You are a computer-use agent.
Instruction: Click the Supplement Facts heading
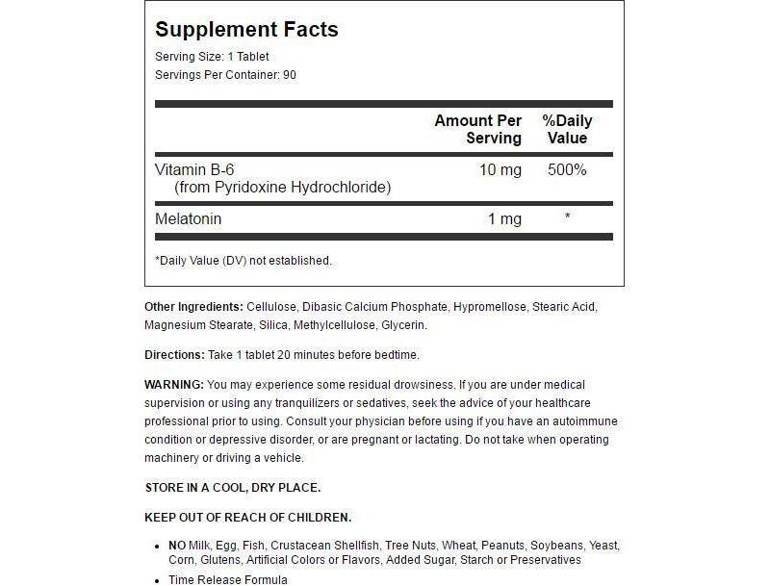tap(246, 30)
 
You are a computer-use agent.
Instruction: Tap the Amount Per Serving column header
tap(477, 129)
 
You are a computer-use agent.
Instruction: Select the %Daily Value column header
tap(567, 129)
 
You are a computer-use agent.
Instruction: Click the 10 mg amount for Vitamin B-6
tap(500, 170)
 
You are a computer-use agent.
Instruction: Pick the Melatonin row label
tap(189, 219)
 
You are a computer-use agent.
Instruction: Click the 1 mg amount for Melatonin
tap(504, 219)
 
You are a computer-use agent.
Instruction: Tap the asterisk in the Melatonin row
tap(568, 217)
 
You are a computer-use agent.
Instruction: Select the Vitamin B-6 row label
tap(194, 170)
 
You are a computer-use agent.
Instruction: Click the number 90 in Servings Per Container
tap(290, 75)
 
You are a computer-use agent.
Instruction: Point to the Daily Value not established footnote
tap(243, 260)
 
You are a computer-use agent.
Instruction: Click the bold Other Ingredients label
tap(193, 307)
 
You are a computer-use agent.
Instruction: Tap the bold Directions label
tap(174, 355)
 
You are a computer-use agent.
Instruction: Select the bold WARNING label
tap(174, 385)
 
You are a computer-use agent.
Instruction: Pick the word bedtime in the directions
tap(397, 355)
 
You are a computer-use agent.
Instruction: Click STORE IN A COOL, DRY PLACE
tap(232, 488)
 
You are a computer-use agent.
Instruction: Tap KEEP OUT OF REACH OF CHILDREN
tap(248, 517)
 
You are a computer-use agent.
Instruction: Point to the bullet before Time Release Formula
tap(158, 579)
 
